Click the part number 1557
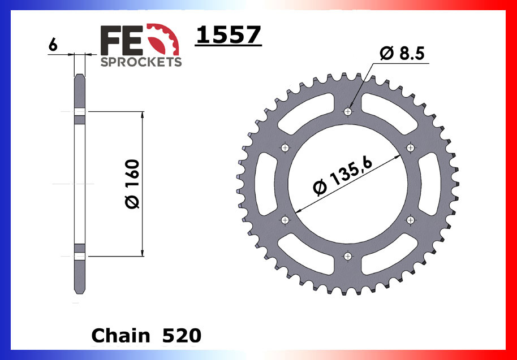click(x=228, y=36)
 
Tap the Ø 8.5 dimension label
click(x=402, y=54)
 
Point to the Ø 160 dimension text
click(x=132, y=184)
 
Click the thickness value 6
click(x=53, y=45)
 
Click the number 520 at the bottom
click(x=181, y=336)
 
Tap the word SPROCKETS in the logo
click(x=141, y=62)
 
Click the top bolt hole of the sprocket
click(x=348, y=111)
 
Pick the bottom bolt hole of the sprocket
click(x=348, y=257)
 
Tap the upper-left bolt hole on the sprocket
click(x=285, y=148)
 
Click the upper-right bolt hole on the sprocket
click(x=411, y=148)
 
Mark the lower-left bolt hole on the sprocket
click(x=285, y=220)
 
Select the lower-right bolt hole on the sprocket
click(x=411, y=220)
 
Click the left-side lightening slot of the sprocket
click(x=265, y=184)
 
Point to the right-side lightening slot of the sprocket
click(x=430, y=184)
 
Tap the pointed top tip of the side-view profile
click(x=80, y=75)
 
